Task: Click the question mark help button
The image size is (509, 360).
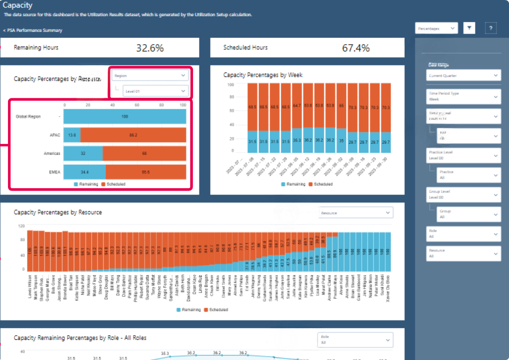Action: tap(491, 28)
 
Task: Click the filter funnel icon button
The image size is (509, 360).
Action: tap(469, 28)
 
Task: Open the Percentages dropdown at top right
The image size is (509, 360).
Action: tap(436, 29)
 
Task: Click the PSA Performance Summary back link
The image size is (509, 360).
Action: tap(33, 30)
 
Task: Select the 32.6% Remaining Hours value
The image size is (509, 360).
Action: tap(150, 48)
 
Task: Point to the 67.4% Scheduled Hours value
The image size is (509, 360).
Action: tap(356, 48)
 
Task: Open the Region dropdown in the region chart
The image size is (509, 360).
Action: tap(150, 76)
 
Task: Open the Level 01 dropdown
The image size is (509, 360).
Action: tap(155, 91)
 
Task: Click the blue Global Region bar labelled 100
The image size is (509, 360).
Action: tap(125, 116)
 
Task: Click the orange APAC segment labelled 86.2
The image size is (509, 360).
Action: tap(133, 135)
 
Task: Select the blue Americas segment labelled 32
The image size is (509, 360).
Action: tap(83, 153)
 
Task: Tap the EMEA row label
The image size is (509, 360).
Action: tap(54, 172)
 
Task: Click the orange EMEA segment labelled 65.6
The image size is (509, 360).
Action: tap(146, 172)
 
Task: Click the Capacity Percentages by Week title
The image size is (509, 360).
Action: tap(263, 75)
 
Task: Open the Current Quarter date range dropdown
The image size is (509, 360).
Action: tap(463, 76)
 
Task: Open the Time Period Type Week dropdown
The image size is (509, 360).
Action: tap(463, 97)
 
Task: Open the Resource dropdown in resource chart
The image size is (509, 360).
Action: tap(356, 213)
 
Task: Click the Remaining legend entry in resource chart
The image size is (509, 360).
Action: tap(189, 309)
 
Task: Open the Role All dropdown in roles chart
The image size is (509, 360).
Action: tap(355, 340)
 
